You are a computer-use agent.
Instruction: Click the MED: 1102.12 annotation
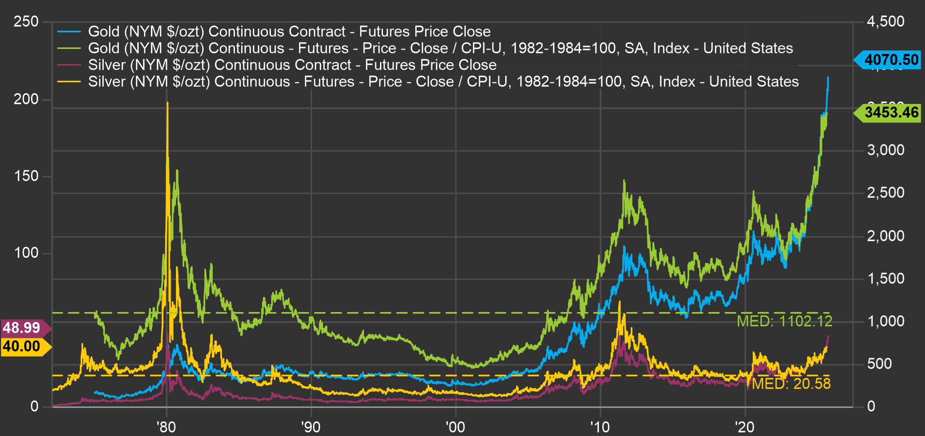point(784,322)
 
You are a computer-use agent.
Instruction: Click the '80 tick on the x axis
point(166,427)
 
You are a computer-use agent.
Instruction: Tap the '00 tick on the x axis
point(455,427)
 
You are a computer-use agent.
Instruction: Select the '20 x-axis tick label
point(744,427)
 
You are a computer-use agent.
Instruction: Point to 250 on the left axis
point(26,22)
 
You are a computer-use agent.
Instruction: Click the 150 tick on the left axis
point(26,176)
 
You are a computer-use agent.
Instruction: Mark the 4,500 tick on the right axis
point(886,22)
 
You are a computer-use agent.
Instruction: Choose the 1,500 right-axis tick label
point(886,279)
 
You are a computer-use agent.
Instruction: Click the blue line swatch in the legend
point(69,31)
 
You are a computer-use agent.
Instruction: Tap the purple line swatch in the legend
point(69,65)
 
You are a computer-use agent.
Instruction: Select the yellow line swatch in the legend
point(69,82)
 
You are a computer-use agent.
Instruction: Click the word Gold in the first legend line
point(103,31)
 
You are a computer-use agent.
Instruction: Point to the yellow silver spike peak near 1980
point(167,103)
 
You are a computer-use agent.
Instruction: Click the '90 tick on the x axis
point(311,427)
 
